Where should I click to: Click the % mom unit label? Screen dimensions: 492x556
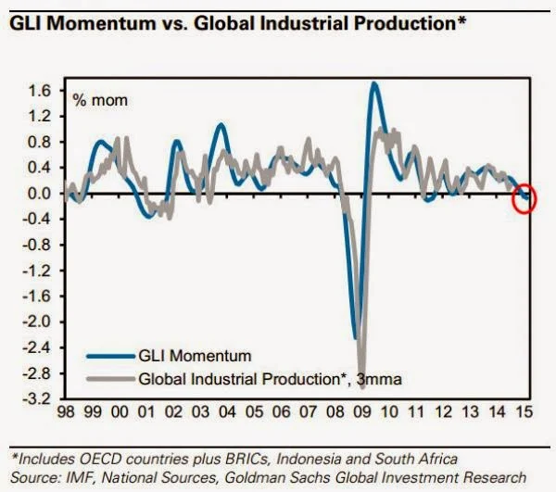pos(102,99)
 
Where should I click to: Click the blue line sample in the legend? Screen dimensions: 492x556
pos(107,355)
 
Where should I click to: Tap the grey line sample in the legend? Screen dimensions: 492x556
pos(107,377)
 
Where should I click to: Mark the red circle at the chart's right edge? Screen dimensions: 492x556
pos(524,196)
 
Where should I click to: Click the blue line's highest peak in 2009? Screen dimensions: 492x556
pos(373,84)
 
